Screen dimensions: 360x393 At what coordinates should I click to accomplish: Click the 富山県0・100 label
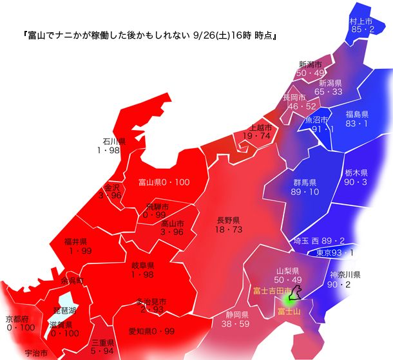pos(164,182)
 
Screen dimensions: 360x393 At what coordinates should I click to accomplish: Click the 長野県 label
pos(229,220)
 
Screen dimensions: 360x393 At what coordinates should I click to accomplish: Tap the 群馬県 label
pos(302,184)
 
